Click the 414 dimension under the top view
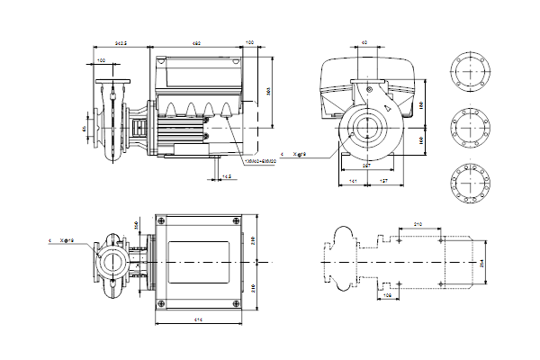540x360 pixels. [199, 320]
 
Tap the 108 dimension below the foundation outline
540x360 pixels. [387, 294]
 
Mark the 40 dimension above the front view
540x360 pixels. [363, 42]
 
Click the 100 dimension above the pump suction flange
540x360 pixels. [101, 61]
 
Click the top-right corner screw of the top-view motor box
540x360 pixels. [238, 220]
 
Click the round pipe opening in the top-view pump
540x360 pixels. [113, 262]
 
